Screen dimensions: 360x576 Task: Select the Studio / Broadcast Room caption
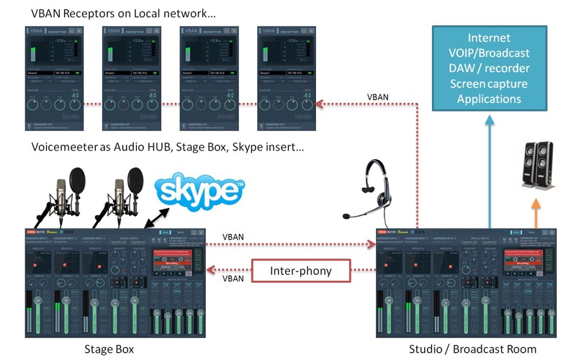point(472,348)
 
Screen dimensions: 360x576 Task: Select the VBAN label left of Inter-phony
point(232,277)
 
